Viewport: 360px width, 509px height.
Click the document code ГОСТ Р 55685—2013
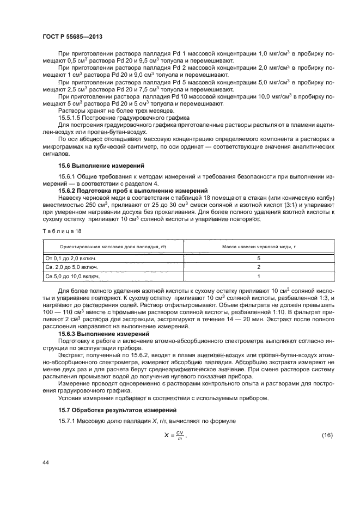pyautogui.click(x=72, y=36)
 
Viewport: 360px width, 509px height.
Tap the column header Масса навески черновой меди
pyautogui.click(x=258, y=247)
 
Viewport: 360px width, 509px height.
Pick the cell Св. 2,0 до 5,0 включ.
pyautogui.click(x=72, y=267)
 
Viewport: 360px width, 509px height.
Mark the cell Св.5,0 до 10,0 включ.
pyautogui.click(x=72, y=277)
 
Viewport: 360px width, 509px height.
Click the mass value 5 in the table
pyautogui.click(x=258, y=258)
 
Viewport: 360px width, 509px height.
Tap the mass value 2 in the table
pyautogui.click(x=258, y=267)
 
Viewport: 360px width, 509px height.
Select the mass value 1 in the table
pyautogui.click(x=258, y=277)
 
